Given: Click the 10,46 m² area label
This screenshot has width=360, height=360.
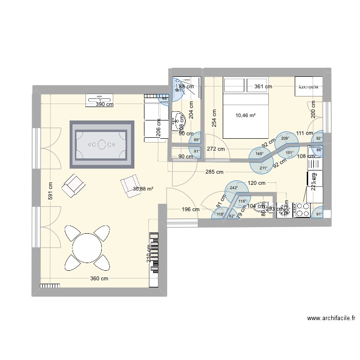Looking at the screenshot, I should (x=245, y=115).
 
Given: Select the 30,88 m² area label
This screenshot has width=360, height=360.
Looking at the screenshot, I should (x=143, y=189).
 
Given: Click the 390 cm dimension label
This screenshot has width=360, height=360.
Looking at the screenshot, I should (x=104, y=104).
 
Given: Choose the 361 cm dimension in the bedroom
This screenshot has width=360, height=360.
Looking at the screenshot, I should (x=263, y=87).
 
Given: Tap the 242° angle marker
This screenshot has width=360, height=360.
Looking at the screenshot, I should (x=234, y=188).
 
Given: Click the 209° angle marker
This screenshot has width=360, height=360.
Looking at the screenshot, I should (x=285, y=139).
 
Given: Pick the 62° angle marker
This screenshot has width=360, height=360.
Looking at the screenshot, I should (x=232, y=216).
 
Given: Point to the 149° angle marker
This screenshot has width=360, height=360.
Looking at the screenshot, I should (x=259, y=154).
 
